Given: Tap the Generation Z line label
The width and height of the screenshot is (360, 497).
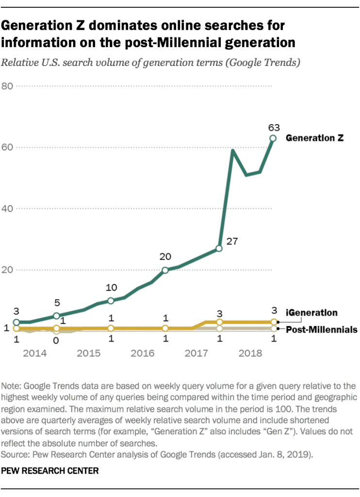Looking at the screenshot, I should click(x=314, y=138).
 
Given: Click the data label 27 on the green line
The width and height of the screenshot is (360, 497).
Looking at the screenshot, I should click(x=232, y=241).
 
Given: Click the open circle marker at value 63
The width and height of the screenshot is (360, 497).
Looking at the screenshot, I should click(x=273, y=138).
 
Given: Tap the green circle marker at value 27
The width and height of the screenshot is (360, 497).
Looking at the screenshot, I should click(x=219, y=248).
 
